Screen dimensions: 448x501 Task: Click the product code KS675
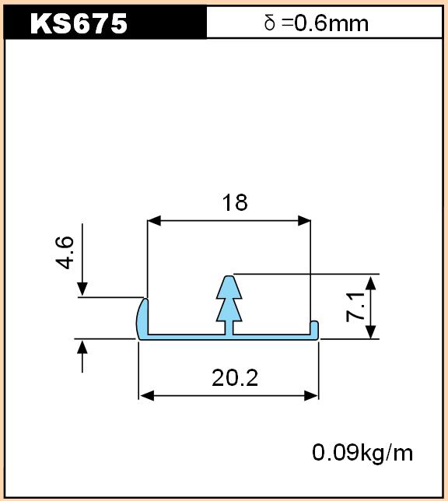pyautogui.click(x=79, y=23)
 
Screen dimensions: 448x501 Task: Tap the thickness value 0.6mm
pyautogui.click(x=331, y=23)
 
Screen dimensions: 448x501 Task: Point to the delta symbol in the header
pyautogui.click(x=270, y=23)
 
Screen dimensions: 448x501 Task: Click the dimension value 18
pyautogui.click(x=235, y=202)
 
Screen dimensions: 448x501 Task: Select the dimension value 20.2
pyautogui.click(x=235, y=377)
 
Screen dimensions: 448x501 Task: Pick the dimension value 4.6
pyautogui.click(x=65, y=253)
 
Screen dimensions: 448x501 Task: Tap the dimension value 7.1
pyautogui.click(x=355, y=307)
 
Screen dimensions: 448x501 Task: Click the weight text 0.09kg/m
pyautogui.click(x=362, y=453)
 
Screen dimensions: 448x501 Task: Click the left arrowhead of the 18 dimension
pyautogui.click(x=154, y=220)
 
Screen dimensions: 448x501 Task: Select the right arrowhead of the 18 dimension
pyautogui.click(x=304, y=220)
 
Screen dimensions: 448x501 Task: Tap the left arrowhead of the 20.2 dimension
pyautogui.click(x=147, y=396)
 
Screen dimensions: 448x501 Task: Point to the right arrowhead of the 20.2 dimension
pyautogui.click(x=311, y=396)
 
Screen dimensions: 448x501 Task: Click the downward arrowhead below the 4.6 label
pyautogui.click(x=82, y=289)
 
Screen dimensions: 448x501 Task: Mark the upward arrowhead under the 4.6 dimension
pyautogui.click(x=82, y=347)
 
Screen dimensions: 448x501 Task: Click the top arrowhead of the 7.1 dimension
pyautogui.click(x=370, y=283)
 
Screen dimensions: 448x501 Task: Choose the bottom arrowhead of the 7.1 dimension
pyautogui.click(x=370, y=332)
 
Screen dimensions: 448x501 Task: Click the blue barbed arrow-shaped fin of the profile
pyautogui.click(x=229, y=298)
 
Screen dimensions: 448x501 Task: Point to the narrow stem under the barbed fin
pyautogui.click(x=229, y=328)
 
